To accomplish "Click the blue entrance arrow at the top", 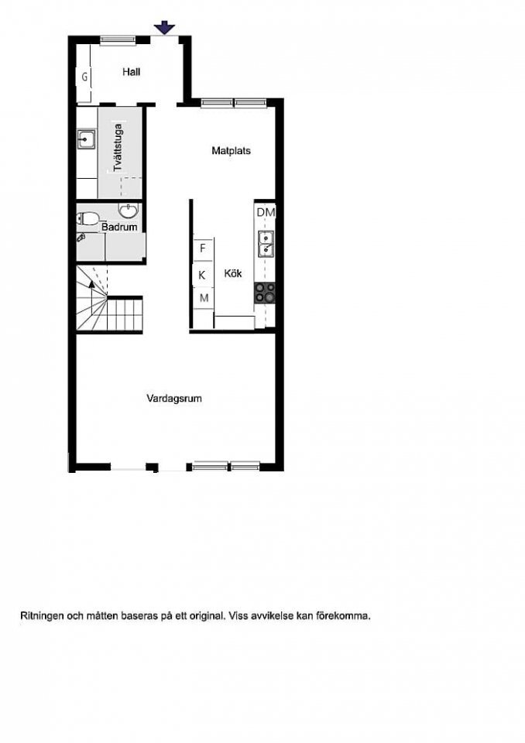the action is tap(165, 28).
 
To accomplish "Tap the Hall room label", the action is tap(132, 72).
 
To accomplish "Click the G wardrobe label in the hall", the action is tap(84, 77).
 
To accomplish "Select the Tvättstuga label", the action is tap(118, 147).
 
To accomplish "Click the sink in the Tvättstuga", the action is tap(86, 139).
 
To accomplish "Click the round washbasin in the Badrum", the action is tap(128, 211).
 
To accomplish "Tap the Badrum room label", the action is tap(119, 227).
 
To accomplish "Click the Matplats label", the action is tap(232, 151).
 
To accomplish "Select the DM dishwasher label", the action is tap(266, 212).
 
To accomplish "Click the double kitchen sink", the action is tap(265, 244).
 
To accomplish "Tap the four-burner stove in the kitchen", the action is tap(265, 293).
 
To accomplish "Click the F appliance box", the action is tap(203, 248).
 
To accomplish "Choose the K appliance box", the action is tap(202, 275).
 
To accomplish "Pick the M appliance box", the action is tap(204, 298).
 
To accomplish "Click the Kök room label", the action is tap(233, 273).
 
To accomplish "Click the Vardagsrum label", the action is tap(174, 399).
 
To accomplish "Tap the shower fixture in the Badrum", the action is tap(81, 238).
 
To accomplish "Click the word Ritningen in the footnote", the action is tap(42, 617).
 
